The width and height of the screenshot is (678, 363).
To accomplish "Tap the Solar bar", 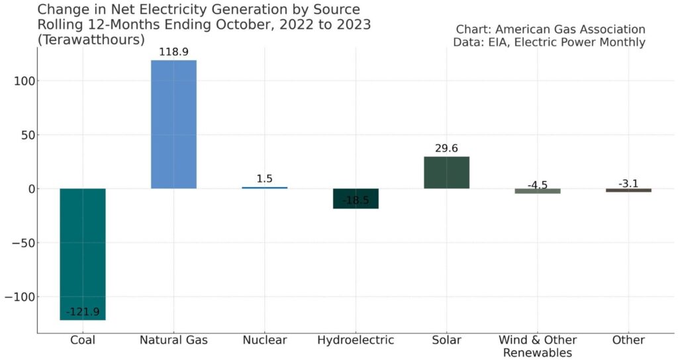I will [446, 173].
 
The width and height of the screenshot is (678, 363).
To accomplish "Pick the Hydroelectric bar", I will [356, 198].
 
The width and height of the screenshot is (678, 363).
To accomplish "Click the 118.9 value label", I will [173, 52].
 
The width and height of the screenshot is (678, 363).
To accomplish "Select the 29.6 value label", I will [446, 149].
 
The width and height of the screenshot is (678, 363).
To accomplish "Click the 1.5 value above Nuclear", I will [264, 179].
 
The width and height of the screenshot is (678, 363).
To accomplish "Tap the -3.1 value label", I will [628, 183].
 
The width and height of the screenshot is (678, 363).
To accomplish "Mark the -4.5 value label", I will [537, 185].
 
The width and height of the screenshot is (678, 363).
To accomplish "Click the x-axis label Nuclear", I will [264, 341].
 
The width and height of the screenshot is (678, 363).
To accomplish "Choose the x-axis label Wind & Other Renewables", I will [537, 346].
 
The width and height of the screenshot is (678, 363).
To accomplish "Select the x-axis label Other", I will [628, 341].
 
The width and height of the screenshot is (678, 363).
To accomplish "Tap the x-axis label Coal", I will [82, 341].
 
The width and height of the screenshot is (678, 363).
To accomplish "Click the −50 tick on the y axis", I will [24, 243].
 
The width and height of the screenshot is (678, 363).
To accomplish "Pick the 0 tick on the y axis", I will [32, 189].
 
